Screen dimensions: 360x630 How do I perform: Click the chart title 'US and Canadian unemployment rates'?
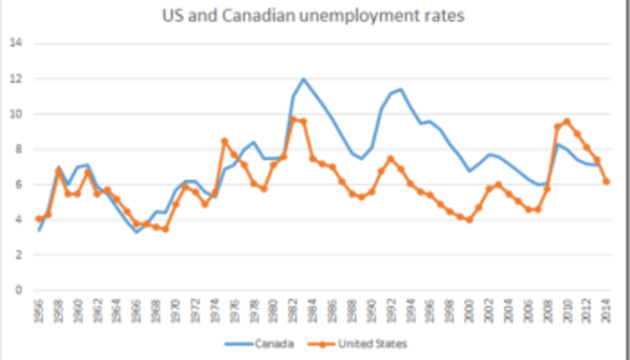coord(315,17)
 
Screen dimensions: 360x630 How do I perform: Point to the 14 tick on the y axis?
coord(15,43)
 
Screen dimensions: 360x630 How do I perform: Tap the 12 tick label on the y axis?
coord(15,79)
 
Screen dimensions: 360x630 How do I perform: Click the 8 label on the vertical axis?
coord(18,150)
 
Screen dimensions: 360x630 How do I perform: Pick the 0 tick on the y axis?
coord(18,290)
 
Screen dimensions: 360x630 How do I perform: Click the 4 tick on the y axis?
coord(18,219)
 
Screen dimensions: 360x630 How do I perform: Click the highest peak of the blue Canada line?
coord(303,80)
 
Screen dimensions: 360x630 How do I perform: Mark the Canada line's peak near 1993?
coord(401,90)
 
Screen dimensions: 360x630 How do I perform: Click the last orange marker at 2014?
coord(606,181)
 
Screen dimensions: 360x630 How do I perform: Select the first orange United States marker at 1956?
coord(38,218)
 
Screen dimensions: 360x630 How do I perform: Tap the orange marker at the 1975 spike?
coord(224,141)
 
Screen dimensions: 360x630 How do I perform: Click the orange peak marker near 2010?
coord(567,121)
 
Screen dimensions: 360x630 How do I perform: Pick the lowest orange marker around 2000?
coord(470,219)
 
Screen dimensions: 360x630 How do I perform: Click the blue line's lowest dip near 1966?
coord(137,231)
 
